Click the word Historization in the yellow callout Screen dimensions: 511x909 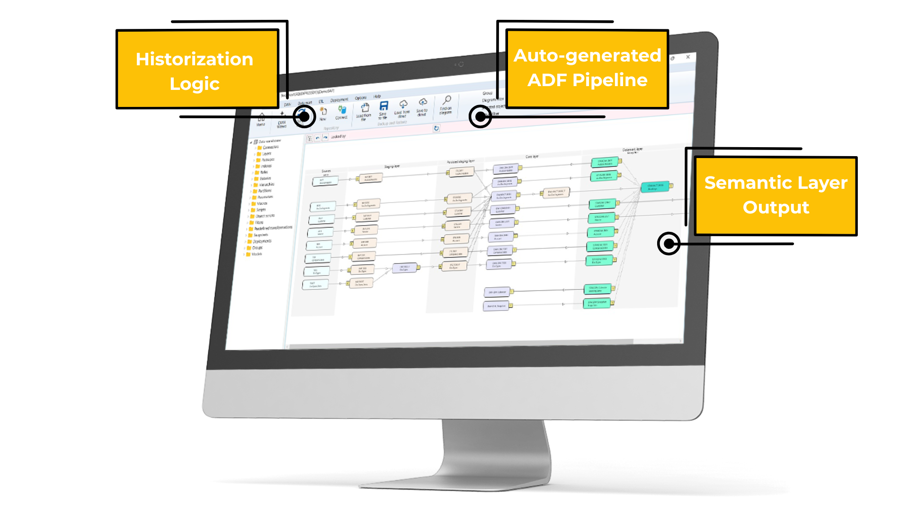pyautogui.click(x=194, y=59)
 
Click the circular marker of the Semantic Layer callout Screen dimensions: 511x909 pyautogui.click(x=668, y=244)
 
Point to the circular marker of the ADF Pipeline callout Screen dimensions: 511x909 pyautogui.click(x=480, y=116)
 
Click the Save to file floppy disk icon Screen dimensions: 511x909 pyautogui.click(x=383, y=106)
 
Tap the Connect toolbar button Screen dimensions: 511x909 pyautogui.click(x=341, y=112)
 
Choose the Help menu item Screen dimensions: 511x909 pyautogui.click(x=377, y=97)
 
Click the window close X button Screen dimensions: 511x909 pyautogui.click(x=688, y=57)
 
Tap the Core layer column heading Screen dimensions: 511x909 pyautogui.click(x=532, y=157)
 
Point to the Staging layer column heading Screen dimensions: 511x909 pyautogui.click(x=392, y=167)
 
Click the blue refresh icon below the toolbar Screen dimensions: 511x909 pyautogui.click(x=436, y=128)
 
